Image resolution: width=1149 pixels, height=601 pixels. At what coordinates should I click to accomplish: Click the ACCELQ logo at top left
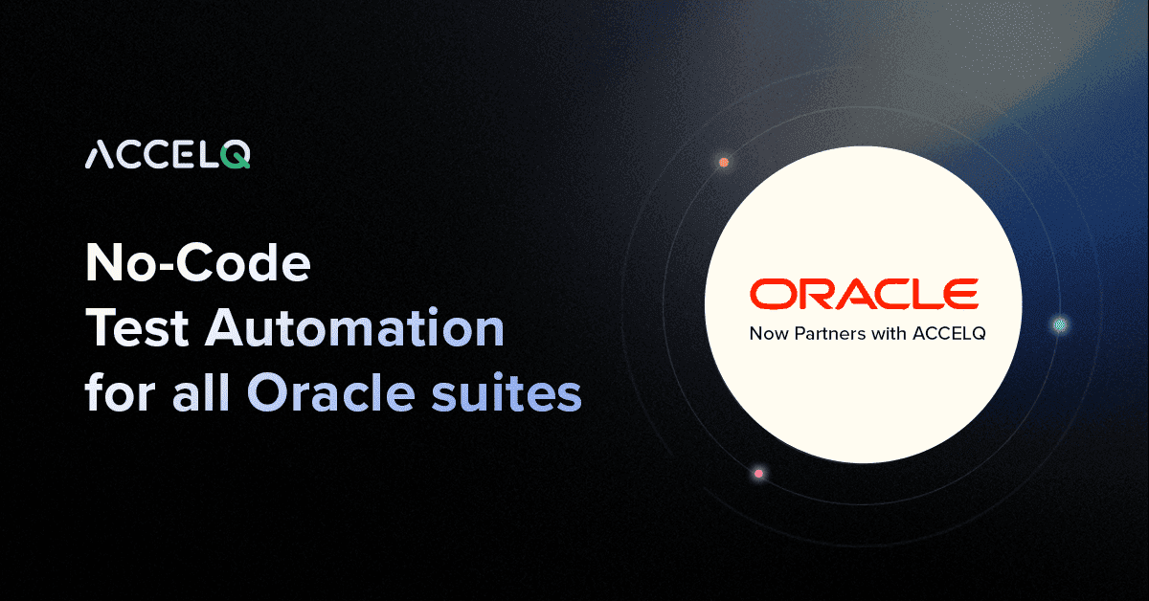(x=168, y=156)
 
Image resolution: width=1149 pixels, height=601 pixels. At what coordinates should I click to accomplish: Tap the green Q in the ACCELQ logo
(x=237, y=157)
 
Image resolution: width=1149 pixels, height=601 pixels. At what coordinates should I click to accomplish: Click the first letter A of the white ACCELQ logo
(x=100, y=156)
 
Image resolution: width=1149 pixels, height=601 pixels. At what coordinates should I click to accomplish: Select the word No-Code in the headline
(x=198, y=264)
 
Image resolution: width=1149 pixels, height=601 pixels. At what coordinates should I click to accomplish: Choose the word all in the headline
(x=203, y=393)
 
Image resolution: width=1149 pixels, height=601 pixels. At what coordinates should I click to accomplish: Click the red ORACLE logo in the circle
(x=864, y=295)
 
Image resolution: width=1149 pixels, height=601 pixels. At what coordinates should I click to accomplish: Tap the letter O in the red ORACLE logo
(x=770, y=295)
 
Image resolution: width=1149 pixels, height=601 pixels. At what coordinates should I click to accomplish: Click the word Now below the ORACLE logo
(x=765, y=335)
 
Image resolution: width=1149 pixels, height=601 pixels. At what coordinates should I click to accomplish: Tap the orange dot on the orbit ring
(x=724, y=163)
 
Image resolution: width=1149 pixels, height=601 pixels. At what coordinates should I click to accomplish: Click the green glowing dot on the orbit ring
(x=1060, y=325)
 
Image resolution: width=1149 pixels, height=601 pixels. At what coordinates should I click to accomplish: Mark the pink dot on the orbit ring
(x=758, y=474)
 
